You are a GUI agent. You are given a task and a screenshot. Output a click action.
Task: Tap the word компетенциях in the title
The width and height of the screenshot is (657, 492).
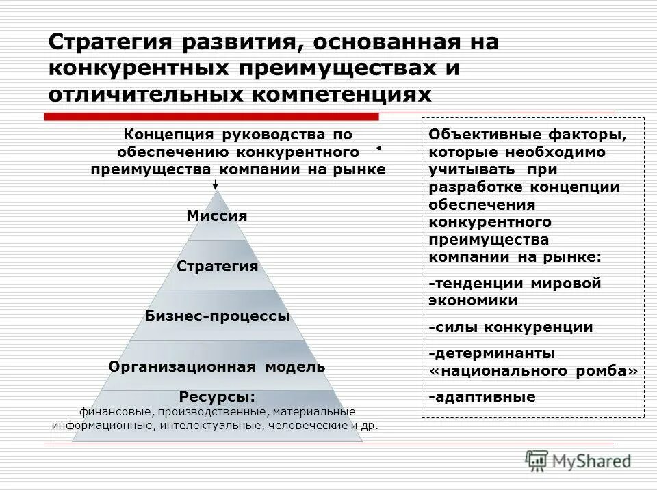tap(344, 94)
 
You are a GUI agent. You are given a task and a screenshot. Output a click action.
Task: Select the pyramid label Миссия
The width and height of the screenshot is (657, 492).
tap(216, 216)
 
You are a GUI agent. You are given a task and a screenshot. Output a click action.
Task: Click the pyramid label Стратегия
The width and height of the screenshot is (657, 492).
tap(217, 266)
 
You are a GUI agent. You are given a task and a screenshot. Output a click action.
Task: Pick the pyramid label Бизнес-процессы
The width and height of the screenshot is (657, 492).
tap(217, 316)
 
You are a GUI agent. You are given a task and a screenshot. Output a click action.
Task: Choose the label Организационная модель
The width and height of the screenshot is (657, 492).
tap(217, 367)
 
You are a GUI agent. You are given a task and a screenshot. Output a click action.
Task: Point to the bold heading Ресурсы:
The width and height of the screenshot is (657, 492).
tap(217, 397)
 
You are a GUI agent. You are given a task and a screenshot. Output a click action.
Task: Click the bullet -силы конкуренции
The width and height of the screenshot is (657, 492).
tap(511, 327)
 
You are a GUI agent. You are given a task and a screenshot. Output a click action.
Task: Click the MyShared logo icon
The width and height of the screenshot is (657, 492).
tap(537, 461)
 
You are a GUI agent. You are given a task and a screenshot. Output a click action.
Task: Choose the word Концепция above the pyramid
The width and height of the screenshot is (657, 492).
tap(159, 135)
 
